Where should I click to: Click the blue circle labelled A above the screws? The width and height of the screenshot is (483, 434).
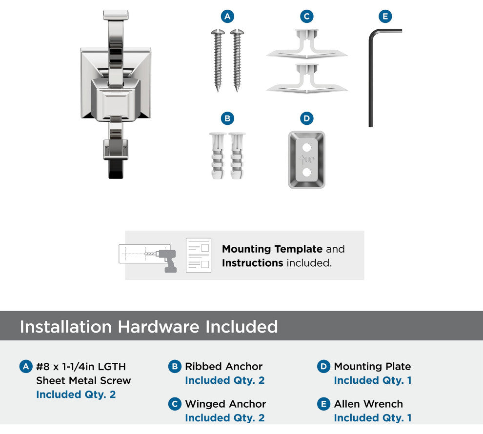pos(227,16)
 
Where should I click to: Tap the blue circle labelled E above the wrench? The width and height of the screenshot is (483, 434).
pos(385,16)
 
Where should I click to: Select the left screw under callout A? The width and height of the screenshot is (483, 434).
pos(218,60)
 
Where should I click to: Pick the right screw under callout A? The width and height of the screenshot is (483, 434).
pos(237,60)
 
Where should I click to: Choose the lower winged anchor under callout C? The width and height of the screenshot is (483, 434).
pos(307,79)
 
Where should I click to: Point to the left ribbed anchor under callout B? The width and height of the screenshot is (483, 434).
pos(218,156)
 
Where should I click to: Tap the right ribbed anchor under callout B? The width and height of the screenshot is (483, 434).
pos(237,156)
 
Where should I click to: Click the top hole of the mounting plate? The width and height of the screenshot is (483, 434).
pos(306,147)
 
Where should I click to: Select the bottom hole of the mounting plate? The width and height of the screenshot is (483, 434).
pos(306,172)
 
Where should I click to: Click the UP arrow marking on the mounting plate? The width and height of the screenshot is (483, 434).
pos(307,159)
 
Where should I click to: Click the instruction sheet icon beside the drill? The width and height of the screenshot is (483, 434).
pos(199,255)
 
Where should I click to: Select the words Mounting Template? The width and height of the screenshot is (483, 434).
pos(272,249)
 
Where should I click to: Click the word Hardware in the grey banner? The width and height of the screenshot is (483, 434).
pos(159,327)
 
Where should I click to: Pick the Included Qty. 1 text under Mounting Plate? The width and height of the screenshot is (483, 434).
pos(373,380)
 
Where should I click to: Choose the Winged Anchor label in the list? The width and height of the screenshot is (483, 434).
pos(225,404)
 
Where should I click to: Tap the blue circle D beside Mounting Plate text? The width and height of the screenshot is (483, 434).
pos(323,367)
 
